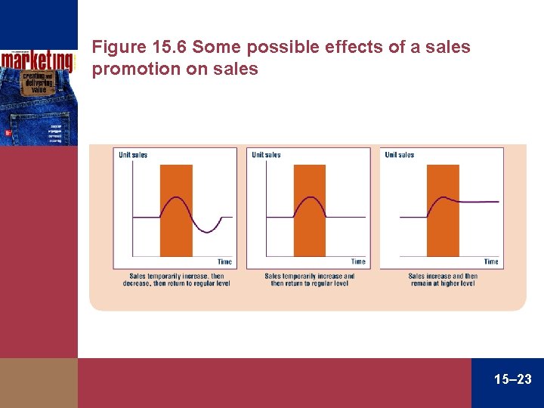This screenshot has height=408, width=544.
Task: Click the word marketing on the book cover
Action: pos(37,60)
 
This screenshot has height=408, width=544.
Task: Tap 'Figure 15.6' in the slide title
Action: pos(139,48)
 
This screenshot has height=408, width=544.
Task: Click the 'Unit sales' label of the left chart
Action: pos(133,155)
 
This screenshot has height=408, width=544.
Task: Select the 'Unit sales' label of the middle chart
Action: pos(266,155)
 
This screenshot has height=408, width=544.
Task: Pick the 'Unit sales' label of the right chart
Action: pos(400,155)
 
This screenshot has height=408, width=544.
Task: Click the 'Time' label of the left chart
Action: pos(225,261)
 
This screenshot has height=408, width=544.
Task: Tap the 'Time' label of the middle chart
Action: pos(358,261)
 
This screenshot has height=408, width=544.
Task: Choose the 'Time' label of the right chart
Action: pos(491,261)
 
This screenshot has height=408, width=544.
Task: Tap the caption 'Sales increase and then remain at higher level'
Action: pos(443,280)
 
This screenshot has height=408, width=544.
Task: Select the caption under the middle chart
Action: pos(310,280)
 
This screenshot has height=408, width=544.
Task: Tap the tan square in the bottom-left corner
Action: pos(39,383)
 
